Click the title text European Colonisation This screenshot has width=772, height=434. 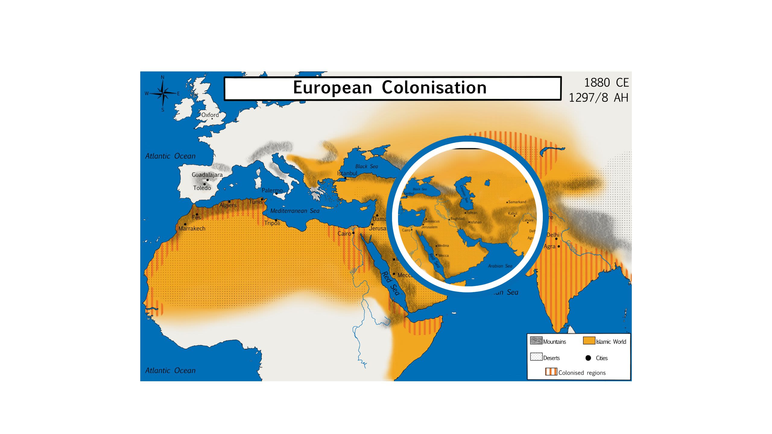click(390, 88)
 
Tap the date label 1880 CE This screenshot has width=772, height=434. click(606, 83)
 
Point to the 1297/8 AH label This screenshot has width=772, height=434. click(598, 98)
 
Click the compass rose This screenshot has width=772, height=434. click(163, 93)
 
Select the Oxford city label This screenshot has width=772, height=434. click(210, 115)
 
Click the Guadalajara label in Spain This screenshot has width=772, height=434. click(207, 175)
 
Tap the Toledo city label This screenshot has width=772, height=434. click(202, 188)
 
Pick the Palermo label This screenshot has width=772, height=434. click(272, 190)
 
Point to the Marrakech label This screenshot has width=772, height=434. click(192, 228)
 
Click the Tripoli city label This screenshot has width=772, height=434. click(272, 223)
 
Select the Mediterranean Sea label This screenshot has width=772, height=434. click(295, 211)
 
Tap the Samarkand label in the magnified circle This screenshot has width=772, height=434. click(517, 202)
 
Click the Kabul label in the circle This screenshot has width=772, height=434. click(513, 213)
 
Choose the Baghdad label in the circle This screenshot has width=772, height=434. click(457, 219)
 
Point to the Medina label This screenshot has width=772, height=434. click(443, 246)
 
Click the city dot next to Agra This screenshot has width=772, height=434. click(558, 246)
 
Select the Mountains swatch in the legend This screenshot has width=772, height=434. click(536, 341)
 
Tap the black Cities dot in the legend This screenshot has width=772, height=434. click(588, 358)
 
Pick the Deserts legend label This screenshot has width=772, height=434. click(551, 358)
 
